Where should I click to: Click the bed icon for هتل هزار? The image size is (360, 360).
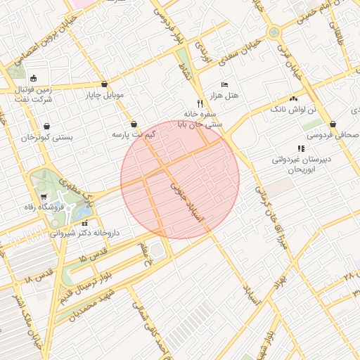point(224,84)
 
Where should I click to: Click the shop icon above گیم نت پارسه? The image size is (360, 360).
point(134,124)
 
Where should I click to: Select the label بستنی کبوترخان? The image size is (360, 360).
point(47,137)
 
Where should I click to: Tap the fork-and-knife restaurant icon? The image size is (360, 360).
point(200,103)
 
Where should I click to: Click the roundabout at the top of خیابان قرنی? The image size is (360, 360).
point(274,31)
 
